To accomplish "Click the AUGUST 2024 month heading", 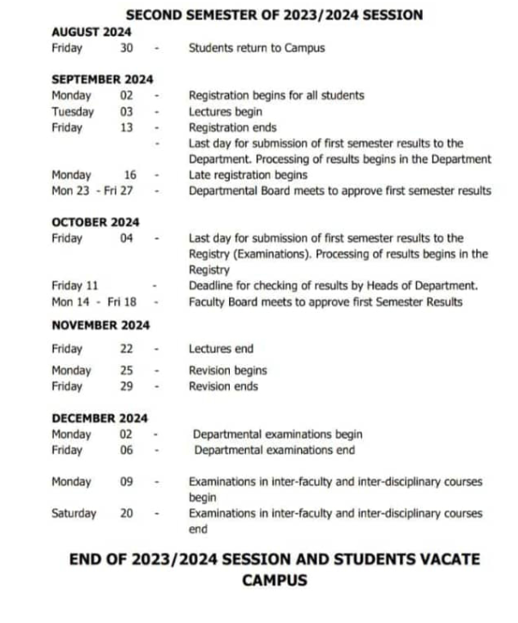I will (91, 32).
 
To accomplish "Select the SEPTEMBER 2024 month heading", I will (102, 80).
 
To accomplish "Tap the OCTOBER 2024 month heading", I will (95, 222).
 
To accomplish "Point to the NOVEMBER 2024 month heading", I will (100, 325).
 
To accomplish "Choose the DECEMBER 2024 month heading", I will (99, 418).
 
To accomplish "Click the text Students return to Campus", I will (256, 48).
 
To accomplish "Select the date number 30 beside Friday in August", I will (127, 48).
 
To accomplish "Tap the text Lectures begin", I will (226, 111).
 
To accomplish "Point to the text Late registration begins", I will (248, 175).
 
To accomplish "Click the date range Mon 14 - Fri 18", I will (93, 302).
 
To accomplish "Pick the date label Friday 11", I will (75, 285).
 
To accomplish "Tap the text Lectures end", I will (221, 349).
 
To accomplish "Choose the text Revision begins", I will (227, 370).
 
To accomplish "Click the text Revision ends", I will (223, 386).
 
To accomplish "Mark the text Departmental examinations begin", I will (277, 434).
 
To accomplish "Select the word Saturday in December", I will (74, 513).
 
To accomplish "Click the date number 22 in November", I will (127, 349).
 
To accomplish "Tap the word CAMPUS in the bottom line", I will (274, 580).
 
